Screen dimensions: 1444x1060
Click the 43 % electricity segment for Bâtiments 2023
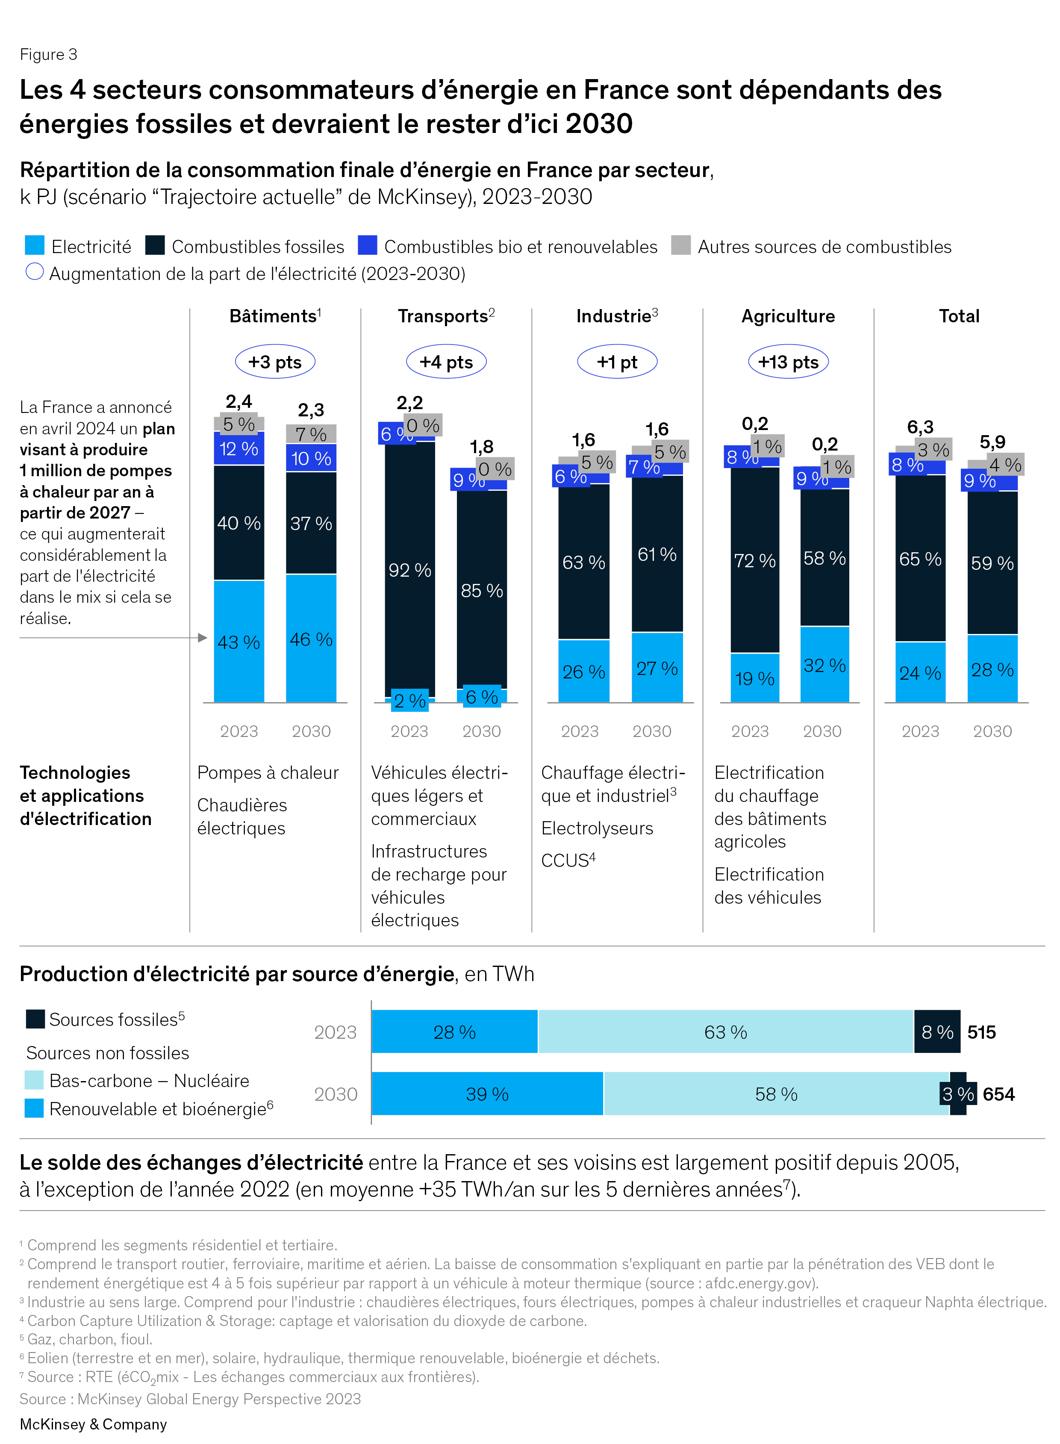click(x=238, y=641)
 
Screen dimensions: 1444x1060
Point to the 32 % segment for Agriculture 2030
click(x=824, y=665)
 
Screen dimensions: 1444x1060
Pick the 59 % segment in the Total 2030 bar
click(x=992, y=563)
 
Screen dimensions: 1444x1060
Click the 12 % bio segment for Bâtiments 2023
click(x=238, y=448)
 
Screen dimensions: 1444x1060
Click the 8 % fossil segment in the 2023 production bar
click(x=937, y=1032)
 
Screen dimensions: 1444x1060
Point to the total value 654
click(x=998, y=1094)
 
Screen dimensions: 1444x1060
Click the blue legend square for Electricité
click(x=35, y=245)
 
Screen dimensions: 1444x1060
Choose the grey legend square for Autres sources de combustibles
click(x=681, y=245)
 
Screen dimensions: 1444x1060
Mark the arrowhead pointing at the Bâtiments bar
click(x=203, y=637)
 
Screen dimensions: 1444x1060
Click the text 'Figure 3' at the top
click(x=49, y=55)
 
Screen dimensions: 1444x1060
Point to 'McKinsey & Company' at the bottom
click(x=93, y=1424)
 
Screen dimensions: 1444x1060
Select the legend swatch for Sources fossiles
click(x=35, y=1019)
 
